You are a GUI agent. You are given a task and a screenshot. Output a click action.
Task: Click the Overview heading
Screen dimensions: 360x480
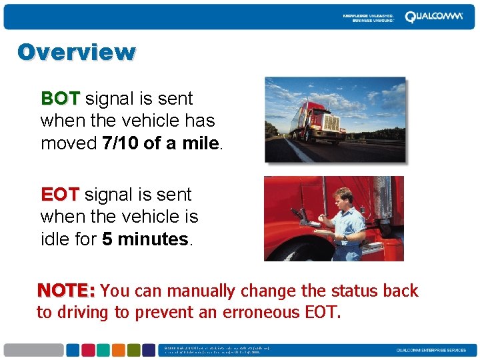(76, 52)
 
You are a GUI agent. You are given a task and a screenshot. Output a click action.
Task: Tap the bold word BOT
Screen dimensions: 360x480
(60, 99)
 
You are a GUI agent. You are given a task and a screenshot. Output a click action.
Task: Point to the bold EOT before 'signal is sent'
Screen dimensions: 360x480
(60, 195)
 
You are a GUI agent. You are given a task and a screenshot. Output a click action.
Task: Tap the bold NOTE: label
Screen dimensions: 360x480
(67, 291)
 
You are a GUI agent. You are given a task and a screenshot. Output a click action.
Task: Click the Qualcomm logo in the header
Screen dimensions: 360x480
(433, 17)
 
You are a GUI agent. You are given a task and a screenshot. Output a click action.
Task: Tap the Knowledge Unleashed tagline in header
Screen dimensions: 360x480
(368, 17)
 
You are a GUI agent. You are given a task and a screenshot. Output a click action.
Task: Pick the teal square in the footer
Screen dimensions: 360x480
(103, 350)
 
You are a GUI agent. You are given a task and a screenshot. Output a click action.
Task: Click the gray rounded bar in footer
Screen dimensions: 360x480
(33, 350)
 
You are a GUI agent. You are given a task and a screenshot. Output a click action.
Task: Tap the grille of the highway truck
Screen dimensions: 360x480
(330, 123)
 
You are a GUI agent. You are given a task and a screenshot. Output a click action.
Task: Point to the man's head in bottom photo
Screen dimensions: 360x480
(344, 198)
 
